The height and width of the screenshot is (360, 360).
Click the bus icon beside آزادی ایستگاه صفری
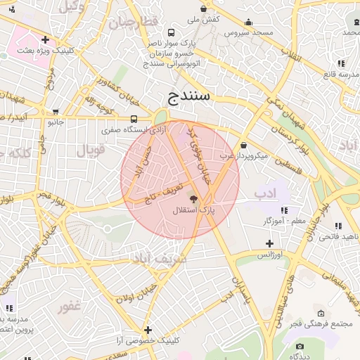click(134, 119)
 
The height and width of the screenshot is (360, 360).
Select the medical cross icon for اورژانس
click(269, 243)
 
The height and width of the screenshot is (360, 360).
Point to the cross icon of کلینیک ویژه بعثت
click(46, 40)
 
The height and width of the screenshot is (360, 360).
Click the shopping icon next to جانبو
click(55, 112)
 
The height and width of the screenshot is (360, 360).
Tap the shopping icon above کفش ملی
click(204, 9)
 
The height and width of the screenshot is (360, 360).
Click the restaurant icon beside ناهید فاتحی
click(338, 226)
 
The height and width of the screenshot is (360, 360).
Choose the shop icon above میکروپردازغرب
click(243, 145)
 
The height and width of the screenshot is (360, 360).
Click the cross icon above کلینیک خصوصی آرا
click(148, 329)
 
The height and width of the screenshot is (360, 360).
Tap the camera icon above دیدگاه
click(300, 346)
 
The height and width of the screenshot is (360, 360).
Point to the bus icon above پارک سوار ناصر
click(172, 32)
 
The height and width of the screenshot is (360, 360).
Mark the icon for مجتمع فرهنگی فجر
click(321, 313)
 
